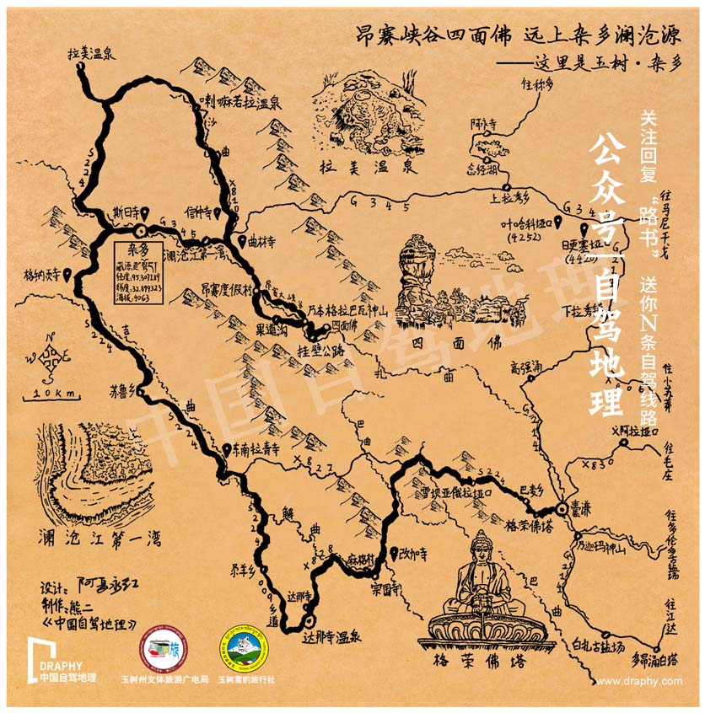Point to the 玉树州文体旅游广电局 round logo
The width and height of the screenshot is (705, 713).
coord(164,652)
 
